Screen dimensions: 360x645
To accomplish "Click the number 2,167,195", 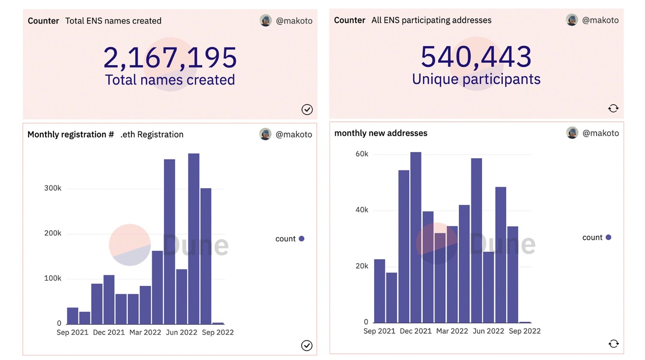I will [x=170, y=57].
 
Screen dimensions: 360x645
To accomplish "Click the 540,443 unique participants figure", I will [x=476, y=56].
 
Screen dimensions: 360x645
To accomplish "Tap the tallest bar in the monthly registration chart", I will [x=194, y=238].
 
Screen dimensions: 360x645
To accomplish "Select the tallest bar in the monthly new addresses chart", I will [x=416, y=237].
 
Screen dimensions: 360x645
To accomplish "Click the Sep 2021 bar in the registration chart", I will [x=72, y=316].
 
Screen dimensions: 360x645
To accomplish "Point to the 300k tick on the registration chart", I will [x=53, y=188].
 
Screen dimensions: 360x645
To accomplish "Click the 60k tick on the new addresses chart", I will [x=362, y=154].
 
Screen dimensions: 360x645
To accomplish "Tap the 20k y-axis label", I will [x=362, y=266].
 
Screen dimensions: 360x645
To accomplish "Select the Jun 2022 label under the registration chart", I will [x=181, y=332].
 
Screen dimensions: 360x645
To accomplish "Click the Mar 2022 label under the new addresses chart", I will [x=452, y=331].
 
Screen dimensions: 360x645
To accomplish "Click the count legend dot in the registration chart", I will [x=301, y=238].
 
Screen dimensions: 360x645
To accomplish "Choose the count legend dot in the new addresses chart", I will [x=608, y=237].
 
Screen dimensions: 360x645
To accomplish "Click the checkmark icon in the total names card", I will [x=307, y=110].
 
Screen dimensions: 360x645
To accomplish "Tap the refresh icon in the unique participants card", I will [x=613, y=108].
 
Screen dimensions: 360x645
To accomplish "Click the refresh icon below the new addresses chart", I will [x=613, y=344].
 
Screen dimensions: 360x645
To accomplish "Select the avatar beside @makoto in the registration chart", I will [x=265, y=134].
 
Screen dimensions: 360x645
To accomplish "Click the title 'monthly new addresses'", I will [x=381, y=133].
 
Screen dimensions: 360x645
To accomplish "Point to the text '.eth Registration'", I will [x=152, y=135].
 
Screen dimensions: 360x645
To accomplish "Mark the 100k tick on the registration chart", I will [x=53, y=278].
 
